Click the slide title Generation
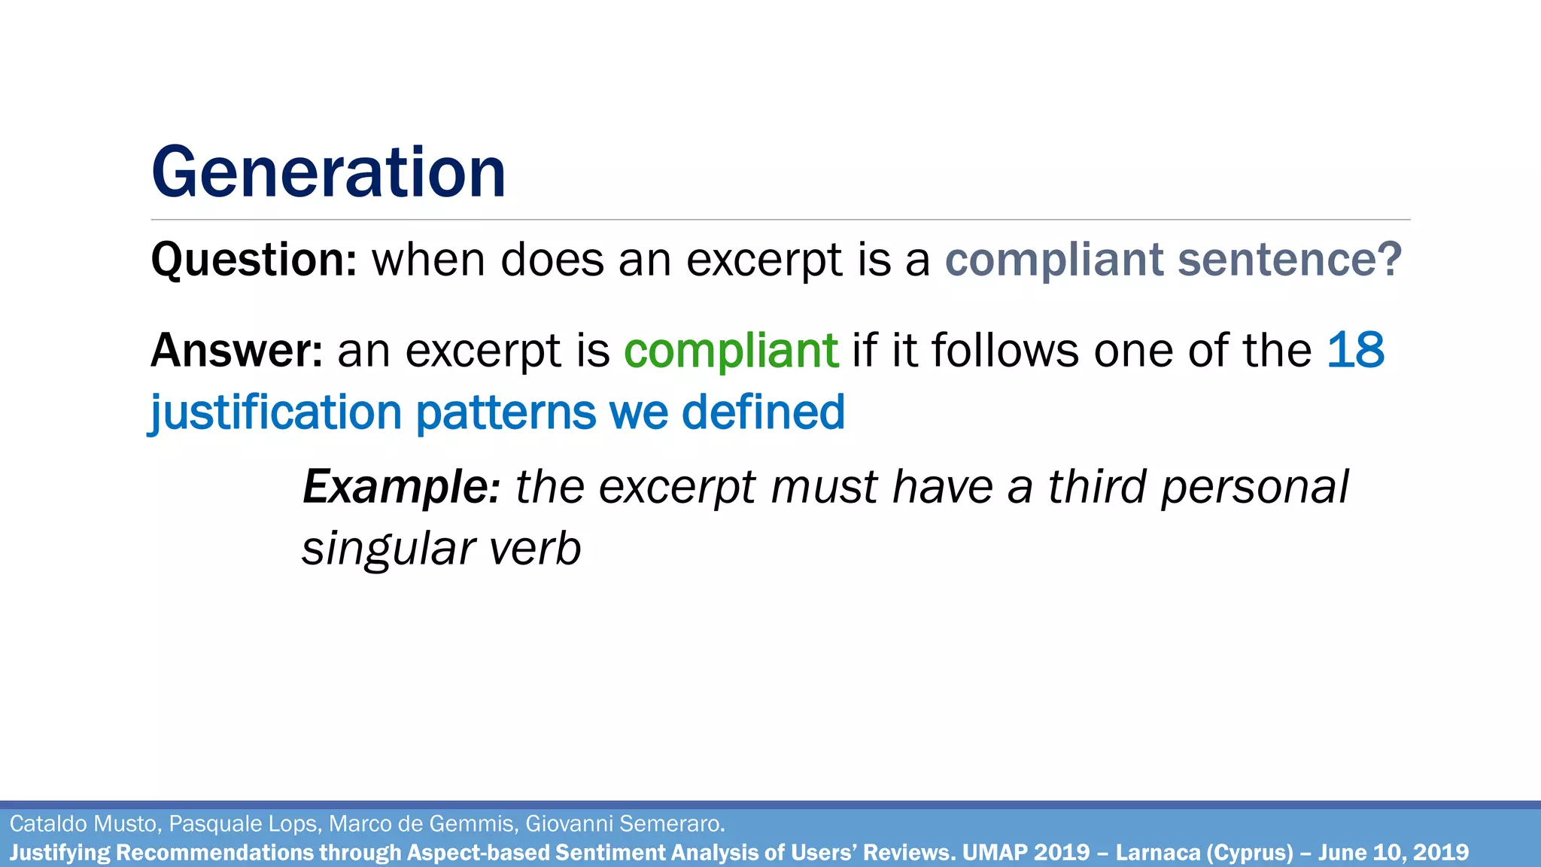[328, 173]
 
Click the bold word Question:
[254, 260]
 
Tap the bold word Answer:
[236, 351]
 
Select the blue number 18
[1355, 351]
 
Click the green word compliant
[731, 351]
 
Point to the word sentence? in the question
[1289, 260]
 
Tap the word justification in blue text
[276, 413]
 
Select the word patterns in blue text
[506, 413]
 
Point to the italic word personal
[1254, 487]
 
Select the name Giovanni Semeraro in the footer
[625, 824]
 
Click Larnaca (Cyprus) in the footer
[1204, 853]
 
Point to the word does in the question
[552, 260]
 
